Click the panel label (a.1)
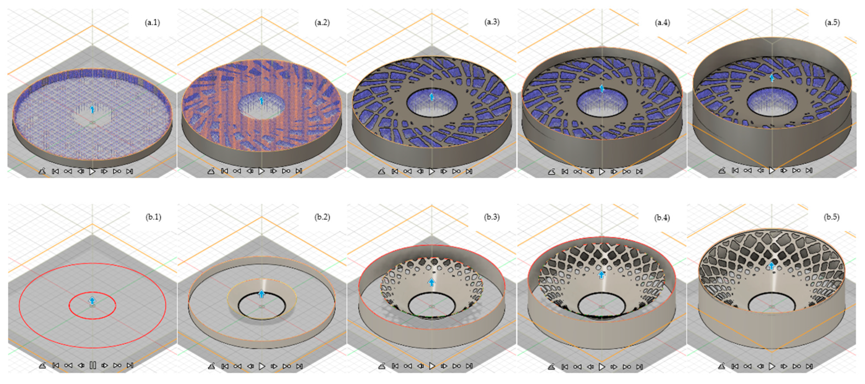pos(152,23)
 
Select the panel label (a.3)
pos(492,22)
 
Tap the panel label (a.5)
pos(832,23)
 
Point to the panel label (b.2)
pos(322,217)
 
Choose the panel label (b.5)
pos(831,217)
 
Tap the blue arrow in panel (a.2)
pos(262,100)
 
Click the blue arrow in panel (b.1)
pos(92,300)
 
